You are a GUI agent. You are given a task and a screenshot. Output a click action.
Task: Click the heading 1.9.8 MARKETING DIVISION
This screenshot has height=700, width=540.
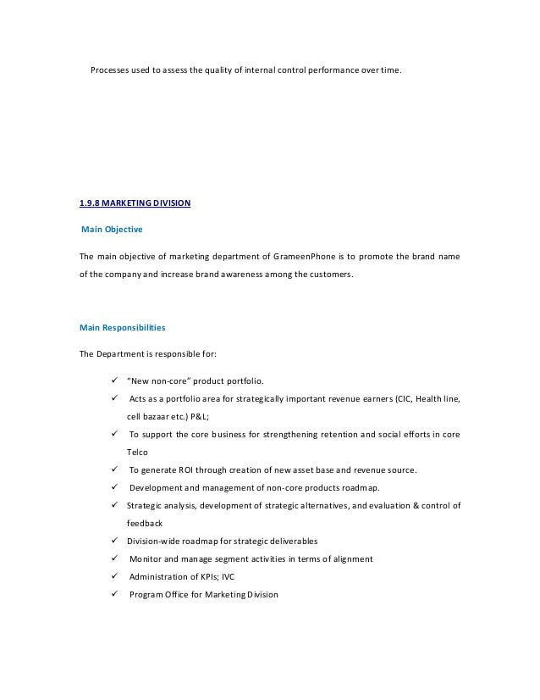click(x=135, y=203)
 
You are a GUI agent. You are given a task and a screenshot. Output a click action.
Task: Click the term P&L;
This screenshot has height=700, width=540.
click(x=195, y=417)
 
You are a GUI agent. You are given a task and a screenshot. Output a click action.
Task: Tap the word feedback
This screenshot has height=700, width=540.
click(x=144, y=524)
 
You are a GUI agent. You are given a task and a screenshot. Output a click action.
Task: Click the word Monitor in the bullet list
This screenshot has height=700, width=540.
click(x=146, y=559)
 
